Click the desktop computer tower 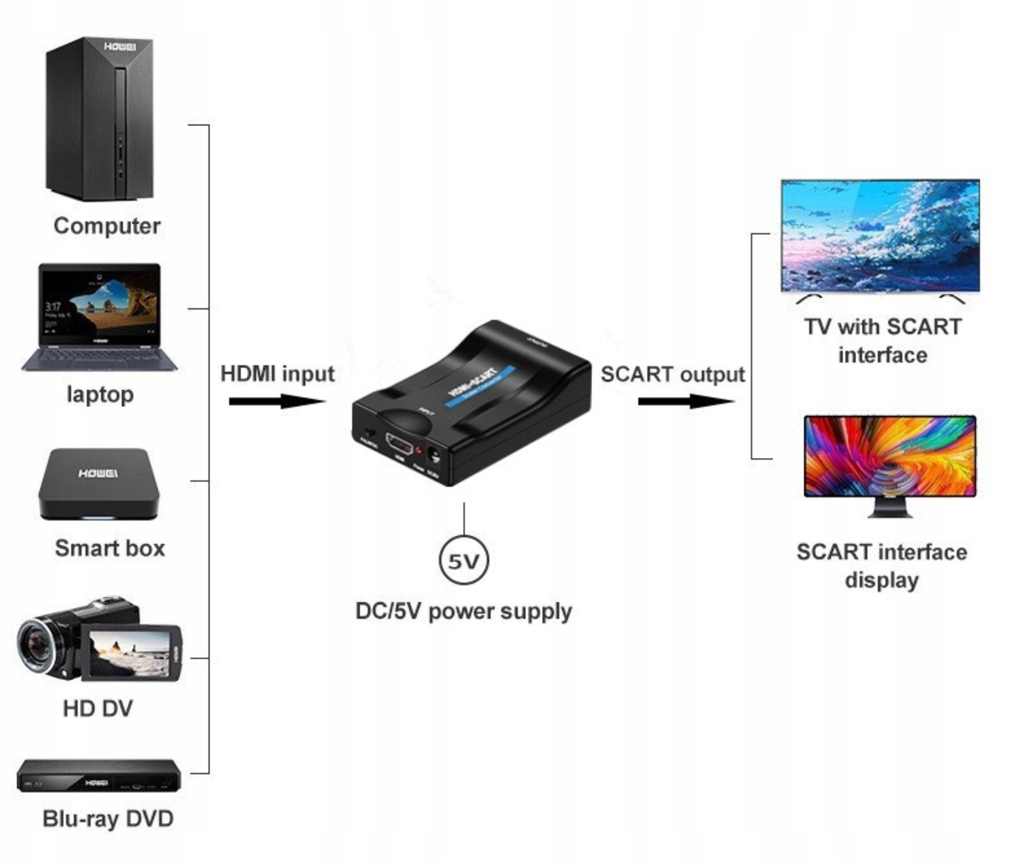[100, 120]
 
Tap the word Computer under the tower [107, 226]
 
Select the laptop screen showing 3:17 [100, 303]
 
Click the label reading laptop [100, 395]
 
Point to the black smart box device [98, 483]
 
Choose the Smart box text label [110, 548]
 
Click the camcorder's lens [39, 644]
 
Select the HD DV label [98, 708]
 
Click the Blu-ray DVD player [98, 777]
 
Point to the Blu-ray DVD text [108, 818]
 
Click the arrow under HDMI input [277, 401]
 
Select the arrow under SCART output [686, 401]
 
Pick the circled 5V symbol [464, 560]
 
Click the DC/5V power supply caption [464, 611]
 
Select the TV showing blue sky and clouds [880, 236]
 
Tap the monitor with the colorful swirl [890, 456]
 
